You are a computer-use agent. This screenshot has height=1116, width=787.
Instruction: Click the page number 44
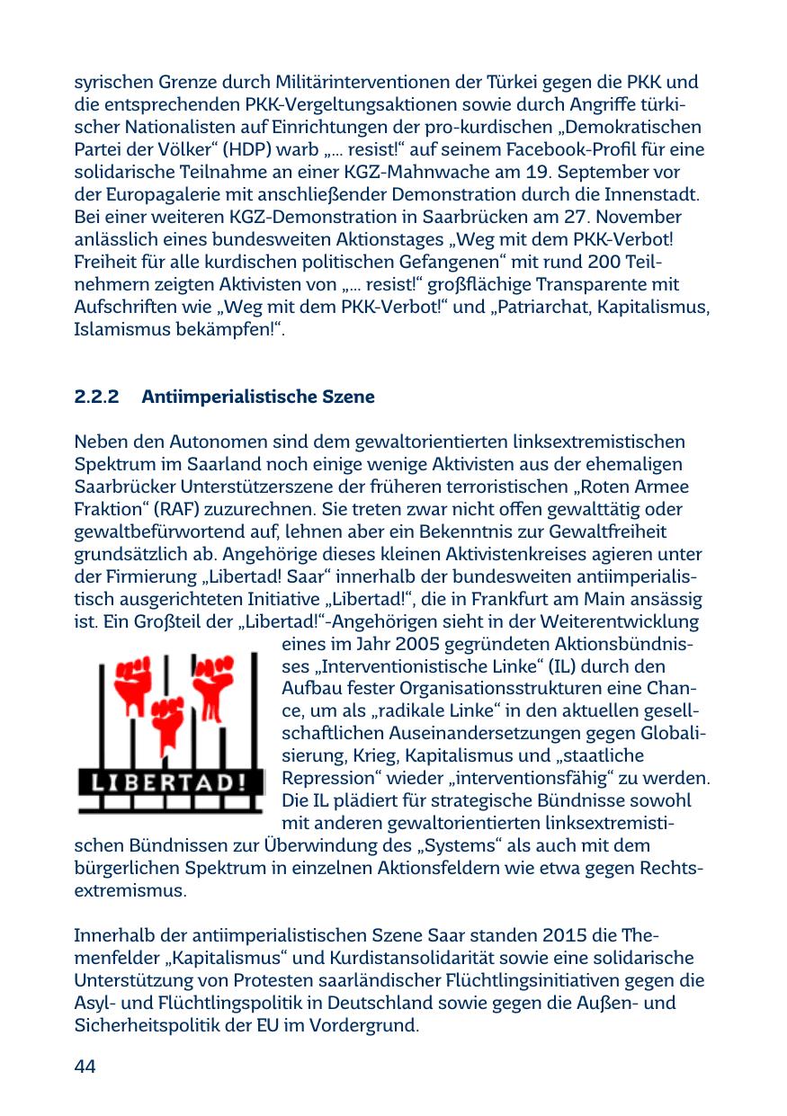pos(85,1067)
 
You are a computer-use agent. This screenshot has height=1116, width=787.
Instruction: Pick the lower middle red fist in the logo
pos(167,719)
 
